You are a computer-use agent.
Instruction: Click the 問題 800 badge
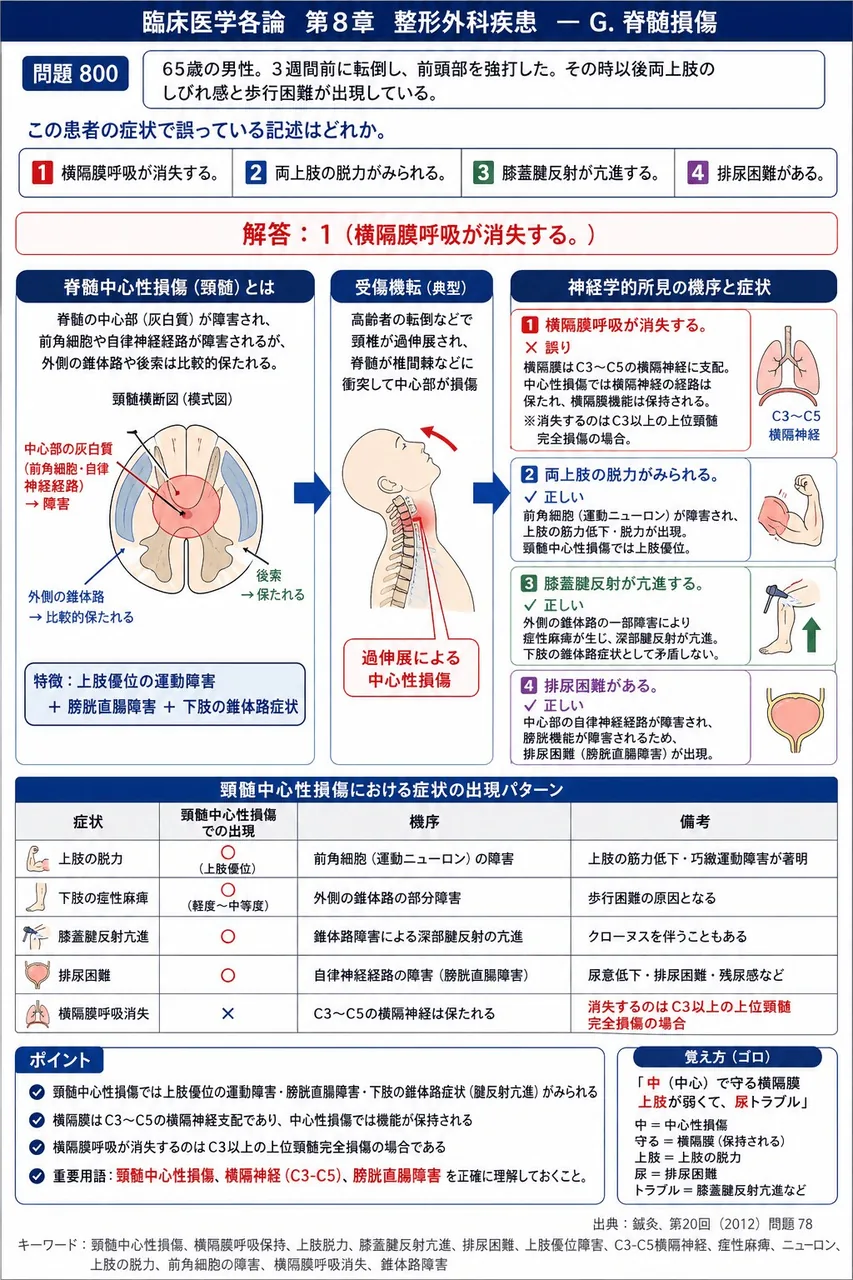pyautogui.click(x=75, y=74)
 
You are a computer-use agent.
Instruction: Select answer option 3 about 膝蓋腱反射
pyautogui.click(x=567, y=173)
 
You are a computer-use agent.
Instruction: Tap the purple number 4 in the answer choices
pyautogui.click(x=697, y=173)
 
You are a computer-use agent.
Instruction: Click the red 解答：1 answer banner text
pyautogui.click(x=419, y=234)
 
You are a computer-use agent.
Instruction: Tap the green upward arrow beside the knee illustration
pyautogui.click(x=811, y=635)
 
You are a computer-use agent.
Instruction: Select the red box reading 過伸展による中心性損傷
pyautogui.click(x=411, y=668)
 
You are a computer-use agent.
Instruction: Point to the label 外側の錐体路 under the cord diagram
pyautogui.click(x=66, y=597)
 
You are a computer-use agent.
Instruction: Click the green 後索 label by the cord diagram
pyautogui.click(x=268, y=575)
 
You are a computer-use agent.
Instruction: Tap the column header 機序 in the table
pyautogui.click(x=424, y=822)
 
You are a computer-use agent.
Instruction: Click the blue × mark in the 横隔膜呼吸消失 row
pyautogui.click(x=228, y=1014)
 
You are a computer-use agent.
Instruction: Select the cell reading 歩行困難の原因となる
pyautogui.click(x=652, y=898)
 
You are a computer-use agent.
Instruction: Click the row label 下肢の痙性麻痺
pyautogui.click(x=103, y=898)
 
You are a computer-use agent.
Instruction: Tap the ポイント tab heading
pyautogui.click(x=59, y=1061)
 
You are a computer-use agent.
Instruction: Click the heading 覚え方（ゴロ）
pyautogui.click(x=727, y=1057)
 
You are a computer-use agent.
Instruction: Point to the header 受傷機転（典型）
pyautogui.click(x=411, y=287)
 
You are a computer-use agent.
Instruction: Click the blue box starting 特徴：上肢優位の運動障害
pyautogui.click(x=165, y=694)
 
